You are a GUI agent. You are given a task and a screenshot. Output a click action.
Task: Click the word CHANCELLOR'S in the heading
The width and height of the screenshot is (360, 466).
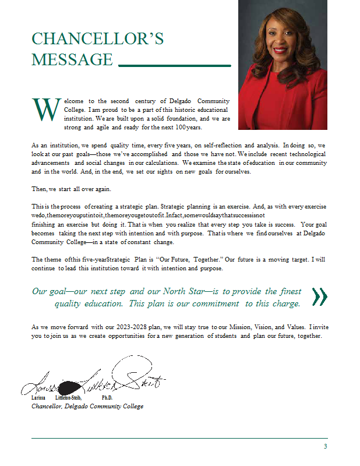coord(97,39)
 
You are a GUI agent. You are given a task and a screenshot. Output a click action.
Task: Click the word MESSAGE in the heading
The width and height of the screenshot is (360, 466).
coord(72,59)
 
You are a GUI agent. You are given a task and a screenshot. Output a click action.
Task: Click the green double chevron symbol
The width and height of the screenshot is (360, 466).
coord(319,296)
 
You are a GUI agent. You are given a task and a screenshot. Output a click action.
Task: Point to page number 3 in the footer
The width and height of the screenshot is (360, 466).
coord(325,446)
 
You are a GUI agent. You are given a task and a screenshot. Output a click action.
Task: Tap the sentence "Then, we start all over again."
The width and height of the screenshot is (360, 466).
coord(72,189)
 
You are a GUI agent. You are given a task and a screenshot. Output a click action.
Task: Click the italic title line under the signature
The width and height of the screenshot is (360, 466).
coord(87,406)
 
